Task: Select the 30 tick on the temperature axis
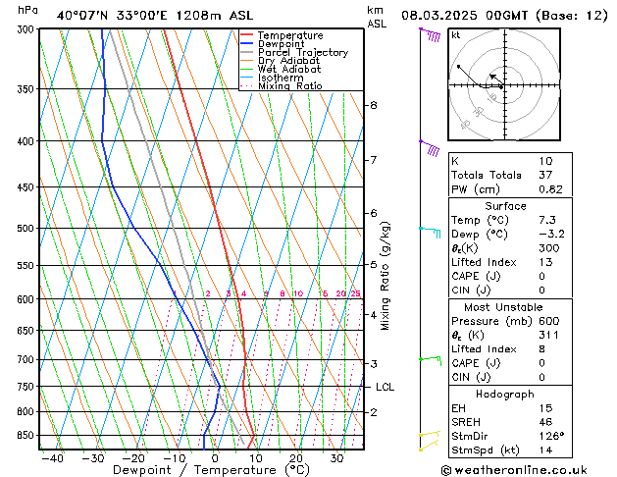336,457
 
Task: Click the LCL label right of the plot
386,388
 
